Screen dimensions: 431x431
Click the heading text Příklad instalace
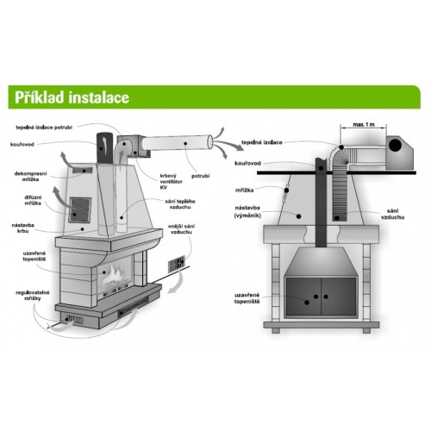[72, 97]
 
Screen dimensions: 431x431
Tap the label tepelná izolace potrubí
[44, 128]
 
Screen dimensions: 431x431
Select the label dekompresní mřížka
[31, 177]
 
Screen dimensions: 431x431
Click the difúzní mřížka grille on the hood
[80, 209]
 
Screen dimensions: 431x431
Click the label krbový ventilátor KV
[171, 181]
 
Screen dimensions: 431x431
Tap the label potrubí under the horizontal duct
[201, 176]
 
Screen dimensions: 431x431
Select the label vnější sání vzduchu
[181, 229]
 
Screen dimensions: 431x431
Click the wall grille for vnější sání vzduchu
[177, 264]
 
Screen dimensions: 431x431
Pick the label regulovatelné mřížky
[33, 296]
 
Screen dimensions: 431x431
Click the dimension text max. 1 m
[364, 125]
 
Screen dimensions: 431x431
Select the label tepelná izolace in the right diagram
[262, 142]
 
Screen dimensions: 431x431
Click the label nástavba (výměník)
[247, 211]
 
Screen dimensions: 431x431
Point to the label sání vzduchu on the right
[392, 215]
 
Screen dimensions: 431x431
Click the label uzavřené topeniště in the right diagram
[247, 298]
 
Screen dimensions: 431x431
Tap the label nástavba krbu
[22, 228]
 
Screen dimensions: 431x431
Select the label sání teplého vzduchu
[180, 204]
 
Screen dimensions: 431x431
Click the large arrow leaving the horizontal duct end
[229, 145]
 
